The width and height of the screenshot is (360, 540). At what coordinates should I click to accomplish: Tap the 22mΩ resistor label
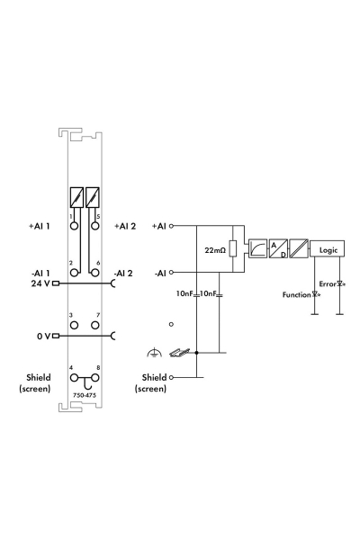pos(214,248)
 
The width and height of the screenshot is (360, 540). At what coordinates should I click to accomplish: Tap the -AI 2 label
pos(125,273)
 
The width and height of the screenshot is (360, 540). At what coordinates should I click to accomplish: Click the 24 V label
pos(34,283)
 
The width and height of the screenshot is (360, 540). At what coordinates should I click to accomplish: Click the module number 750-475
pos(85,394)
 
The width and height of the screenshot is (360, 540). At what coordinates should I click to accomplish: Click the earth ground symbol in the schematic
pos(160,353)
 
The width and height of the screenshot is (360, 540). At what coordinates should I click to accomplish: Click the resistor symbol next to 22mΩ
pos(232,248)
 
